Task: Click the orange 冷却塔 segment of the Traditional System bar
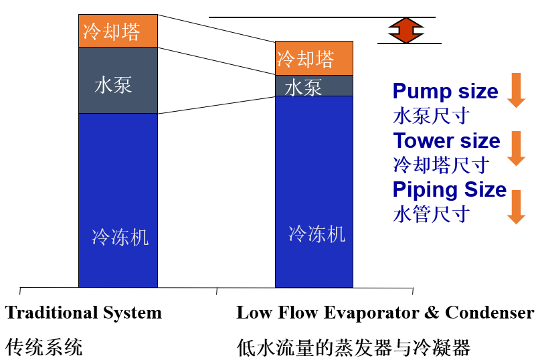[118, 31]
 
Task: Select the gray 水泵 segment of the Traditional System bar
[118, 80]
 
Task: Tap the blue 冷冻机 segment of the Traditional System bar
[118, 200]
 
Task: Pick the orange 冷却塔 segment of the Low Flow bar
[314, 58]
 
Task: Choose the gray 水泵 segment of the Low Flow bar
[314, 86]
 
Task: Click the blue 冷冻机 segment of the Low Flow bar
[314, 191]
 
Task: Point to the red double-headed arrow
[406, 30]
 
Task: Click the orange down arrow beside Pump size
[516, 90]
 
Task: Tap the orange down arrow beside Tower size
[516, 149]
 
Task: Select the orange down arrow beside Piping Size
[516, 207]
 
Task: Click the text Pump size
[445, 92]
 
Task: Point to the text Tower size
[447, 141]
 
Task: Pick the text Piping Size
[450, 190]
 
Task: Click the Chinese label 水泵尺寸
[431, 116]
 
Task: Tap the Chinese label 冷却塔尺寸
[441, 165]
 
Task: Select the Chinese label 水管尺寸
[431, 214]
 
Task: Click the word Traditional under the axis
[52, 312]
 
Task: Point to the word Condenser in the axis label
[490, 312]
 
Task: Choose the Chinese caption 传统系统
[44, 347]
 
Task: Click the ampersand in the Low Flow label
[432, 312]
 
